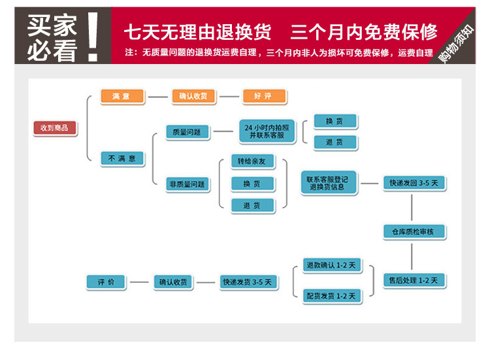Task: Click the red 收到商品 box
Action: (55, 128)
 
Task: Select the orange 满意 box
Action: (122, 96)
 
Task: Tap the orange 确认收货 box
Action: (193, 96)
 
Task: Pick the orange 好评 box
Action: (264, 96)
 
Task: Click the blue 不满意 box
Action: (122, 158)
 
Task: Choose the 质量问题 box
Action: (188, 132)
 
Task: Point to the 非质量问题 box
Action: (188, 184)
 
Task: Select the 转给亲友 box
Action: (252, 161)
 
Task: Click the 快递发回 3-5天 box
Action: (414, 183)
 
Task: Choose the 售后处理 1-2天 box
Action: (414, 280)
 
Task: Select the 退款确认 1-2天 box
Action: (333, 265)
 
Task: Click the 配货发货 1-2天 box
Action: (333, 296)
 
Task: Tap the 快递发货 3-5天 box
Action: (247, 282)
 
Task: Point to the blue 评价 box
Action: (106, 282)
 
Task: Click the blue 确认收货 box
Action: (173, 282)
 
